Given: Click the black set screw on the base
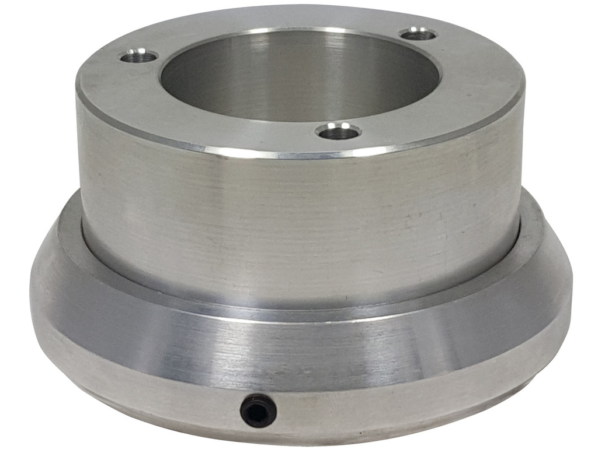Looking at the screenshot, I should click(x=258, y=410).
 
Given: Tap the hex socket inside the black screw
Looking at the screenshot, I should click(x=258, y=411).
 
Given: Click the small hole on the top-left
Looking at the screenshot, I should click(x=139, y=57).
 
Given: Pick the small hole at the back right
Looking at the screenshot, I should click(x=419, y=34).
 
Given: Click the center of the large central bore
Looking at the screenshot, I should click(x=300, y=76).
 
